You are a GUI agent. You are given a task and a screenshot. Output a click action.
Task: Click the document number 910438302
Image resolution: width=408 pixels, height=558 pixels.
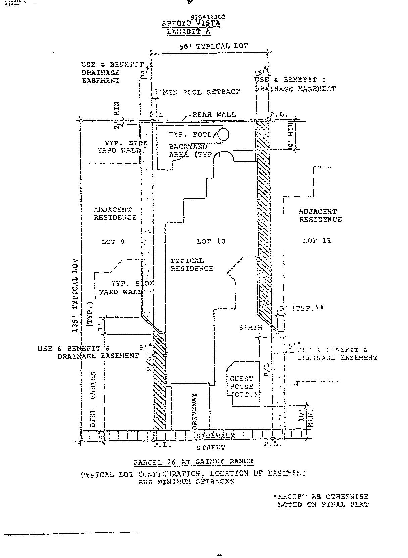coord(208,17)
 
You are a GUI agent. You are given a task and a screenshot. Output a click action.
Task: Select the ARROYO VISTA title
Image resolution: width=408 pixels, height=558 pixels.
coord(191,23)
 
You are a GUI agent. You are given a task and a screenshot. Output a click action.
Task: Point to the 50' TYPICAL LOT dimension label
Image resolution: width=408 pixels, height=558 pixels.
coord(213,46)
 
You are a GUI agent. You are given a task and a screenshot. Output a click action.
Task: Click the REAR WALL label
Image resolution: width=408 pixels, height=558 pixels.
coord(214,114)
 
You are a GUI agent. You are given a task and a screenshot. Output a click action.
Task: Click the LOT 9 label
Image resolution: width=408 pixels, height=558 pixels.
coord(113,242)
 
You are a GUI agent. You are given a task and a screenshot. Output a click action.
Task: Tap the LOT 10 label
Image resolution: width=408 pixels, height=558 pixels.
coord(211,241)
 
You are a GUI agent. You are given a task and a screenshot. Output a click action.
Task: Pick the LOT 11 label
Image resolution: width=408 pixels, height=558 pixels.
coord(317,241)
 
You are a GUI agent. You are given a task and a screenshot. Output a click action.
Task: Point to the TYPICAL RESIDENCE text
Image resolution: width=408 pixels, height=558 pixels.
coord(192,265)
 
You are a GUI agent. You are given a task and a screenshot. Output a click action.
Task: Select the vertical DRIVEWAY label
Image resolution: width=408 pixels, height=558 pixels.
coord(194,411)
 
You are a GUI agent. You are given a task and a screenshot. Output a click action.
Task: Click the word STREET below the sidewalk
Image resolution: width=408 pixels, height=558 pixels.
coord(211,447)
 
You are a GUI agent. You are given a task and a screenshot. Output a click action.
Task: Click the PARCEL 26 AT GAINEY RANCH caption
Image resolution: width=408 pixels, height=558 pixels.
coord(193,461)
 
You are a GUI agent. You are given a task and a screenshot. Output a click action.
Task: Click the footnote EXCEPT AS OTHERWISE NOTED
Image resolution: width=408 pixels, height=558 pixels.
coord(322,500)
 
